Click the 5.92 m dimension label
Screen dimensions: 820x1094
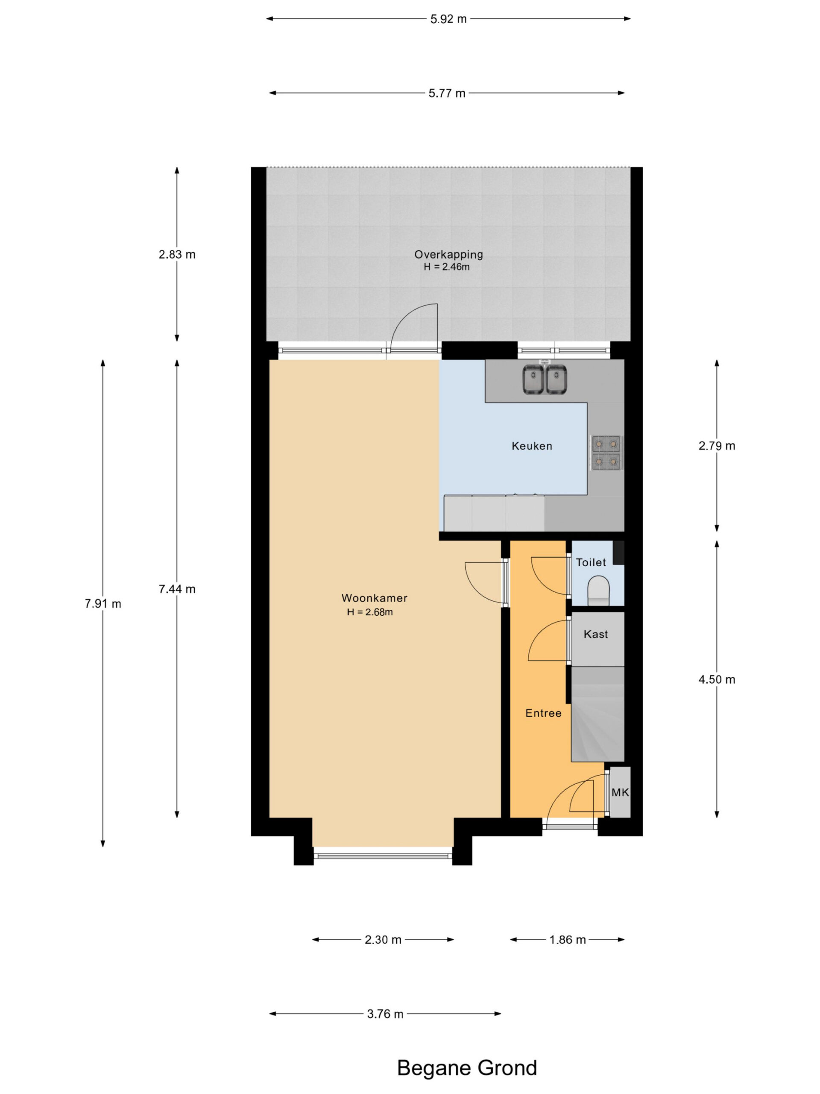(448, 19)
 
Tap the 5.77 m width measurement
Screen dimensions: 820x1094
(446, 93)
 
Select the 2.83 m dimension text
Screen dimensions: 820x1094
(177, 254)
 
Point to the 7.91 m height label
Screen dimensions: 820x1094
(103, 603)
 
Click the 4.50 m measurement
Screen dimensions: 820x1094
(717, 679)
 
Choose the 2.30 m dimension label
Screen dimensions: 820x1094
(383, 939)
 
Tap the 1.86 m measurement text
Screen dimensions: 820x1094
(568, 939)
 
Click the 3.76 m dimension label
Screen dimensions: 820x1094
(385, 1013)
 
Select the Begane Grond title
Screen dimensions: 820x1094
(467, 1068)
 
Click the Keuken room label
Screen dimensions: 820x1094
(532, 446)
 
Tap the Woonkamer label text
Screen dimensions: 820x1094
(374, 597)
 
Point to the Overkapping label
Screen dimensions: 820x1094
(448, 255)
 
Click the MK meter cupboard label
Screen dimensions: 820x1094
(620, 792)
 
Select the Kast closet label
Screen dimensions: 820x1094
(596, 634)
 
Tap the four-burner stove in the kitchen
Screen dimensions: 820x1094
(606, 452)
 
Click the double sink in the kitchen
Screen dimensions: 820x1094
(545, 379)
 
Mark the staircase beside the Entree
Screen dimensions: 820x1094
(597, 714)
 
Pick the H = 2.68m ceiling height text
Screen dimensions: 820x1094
(370, 612)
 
